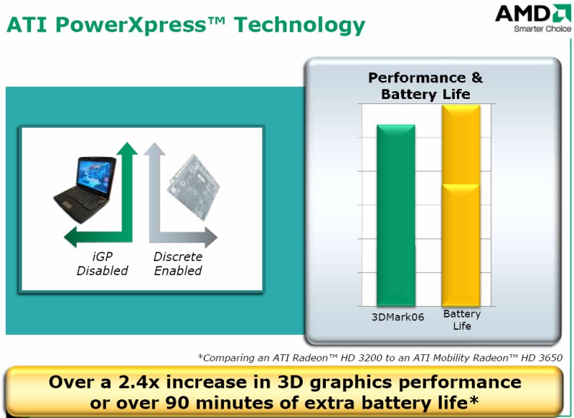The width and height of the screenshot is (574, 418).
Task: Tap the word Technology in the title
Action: tap(299, 26)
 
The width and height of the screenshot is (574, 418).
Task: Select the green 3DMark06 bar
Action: tap(396, 215)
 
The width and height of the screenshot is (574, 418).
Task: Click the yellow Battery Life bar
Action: tap(461, 206)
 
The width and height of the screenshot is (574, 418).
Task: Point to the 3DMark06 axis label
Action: tap(397, 317)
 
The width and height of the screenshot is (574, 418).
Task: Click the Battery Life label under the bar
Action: tap(462, 320)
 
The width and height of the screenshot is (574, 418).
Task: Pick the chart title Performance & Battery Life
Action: tap(425, 86)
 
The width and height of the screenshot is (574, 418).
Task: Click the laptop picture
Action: tap(85, 189)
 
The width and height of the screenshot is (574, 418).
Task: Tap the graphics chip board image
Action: tap(193, 187)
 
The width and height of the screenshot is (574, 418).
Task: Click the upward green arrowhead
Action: tap(127, 148)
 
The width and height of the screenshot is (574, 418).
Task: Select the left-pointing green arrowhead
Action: tap(70, 237)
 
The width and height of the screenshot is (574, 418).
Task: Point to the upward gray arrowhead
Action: tap(154, 148)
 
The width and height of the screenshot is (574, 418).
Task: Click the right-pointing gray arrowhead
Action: tap(211, 237)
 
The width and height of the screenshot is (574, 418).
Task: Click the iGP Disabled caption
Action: tap(102, 264)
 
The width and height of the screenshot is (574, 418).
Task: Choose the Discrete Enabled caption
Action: tap(178, 264)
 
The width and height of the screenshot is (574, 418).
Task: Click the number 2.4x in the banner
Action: tap(139, 382)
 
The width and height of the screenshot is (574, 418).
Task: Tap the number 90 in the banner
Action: tap(177, 403)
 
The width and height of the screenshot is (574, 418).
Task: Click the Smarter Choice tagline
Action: tap(542, 29)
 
